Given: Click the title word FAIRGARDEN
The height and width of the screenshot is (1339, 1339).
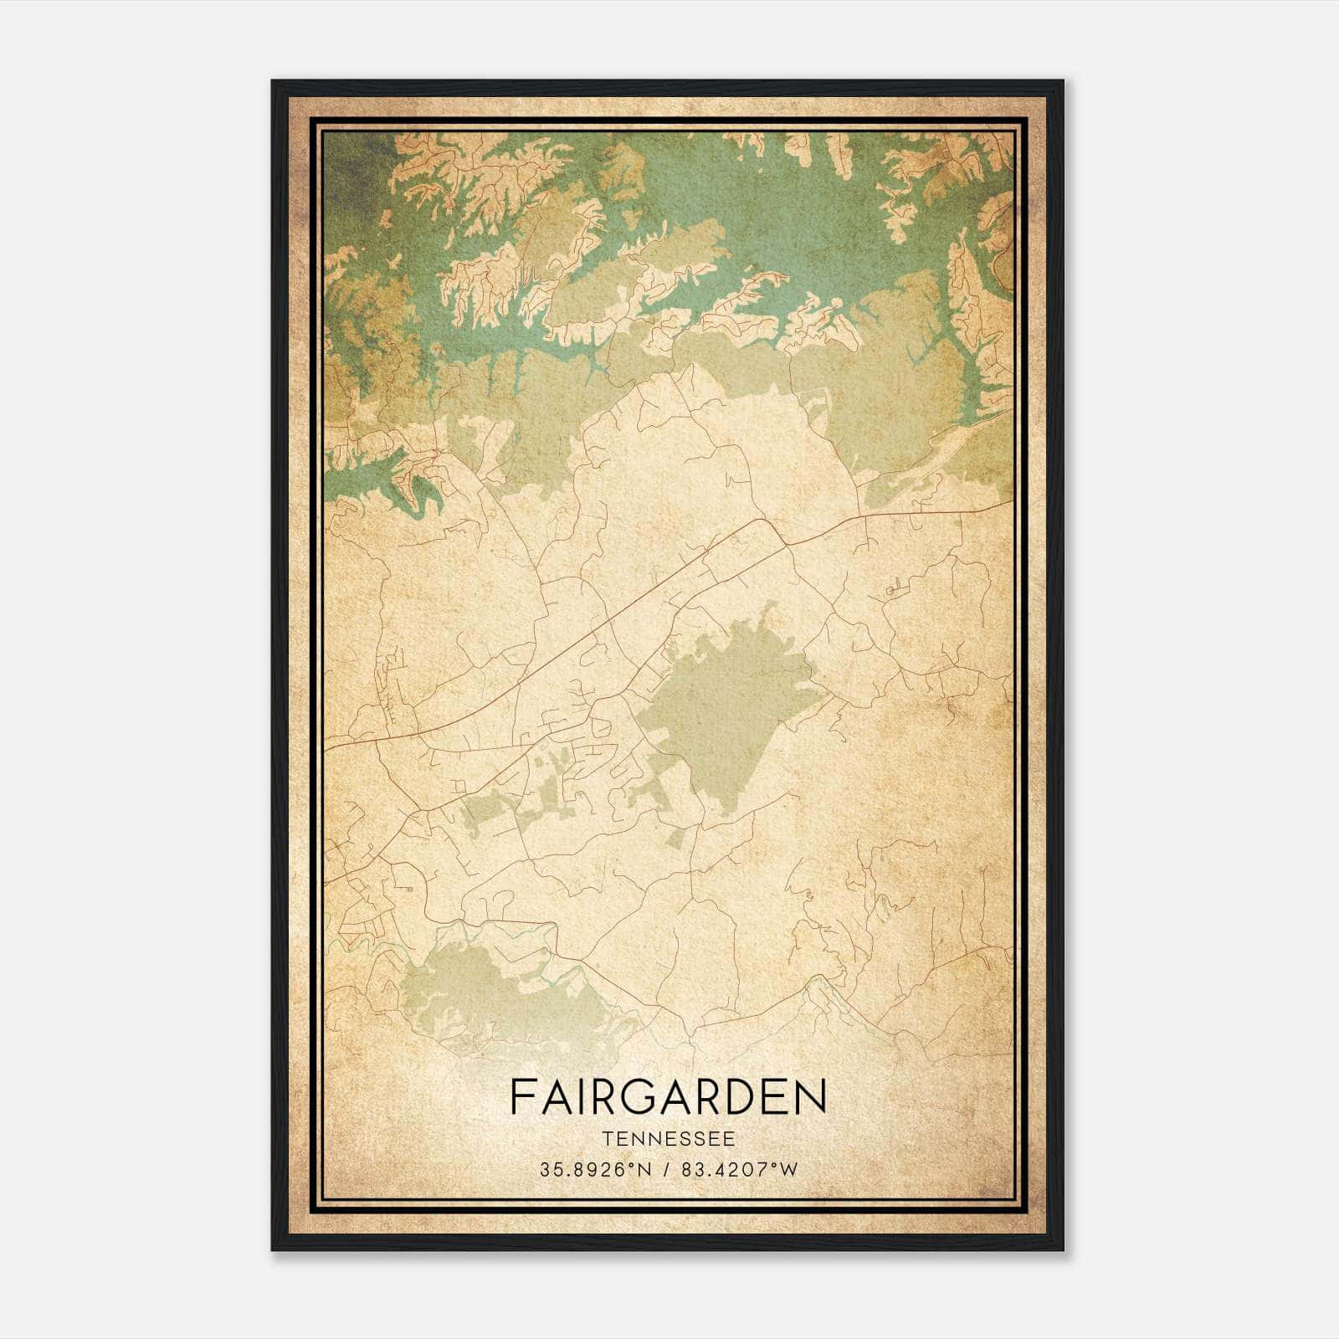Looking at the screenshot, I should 668,1097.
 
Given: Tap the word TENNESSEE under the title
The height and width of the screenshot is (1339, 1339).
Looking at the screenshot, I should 668,1139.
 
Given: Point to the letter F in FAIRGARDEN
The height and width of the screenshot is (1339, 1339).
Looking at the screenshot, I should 521,1097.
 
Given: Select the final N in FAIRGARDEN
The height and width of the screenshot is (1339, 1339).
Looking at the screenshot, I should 812,1097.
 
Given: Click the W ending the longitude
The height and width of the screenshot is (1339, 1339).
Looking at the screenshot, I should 788,1170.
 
